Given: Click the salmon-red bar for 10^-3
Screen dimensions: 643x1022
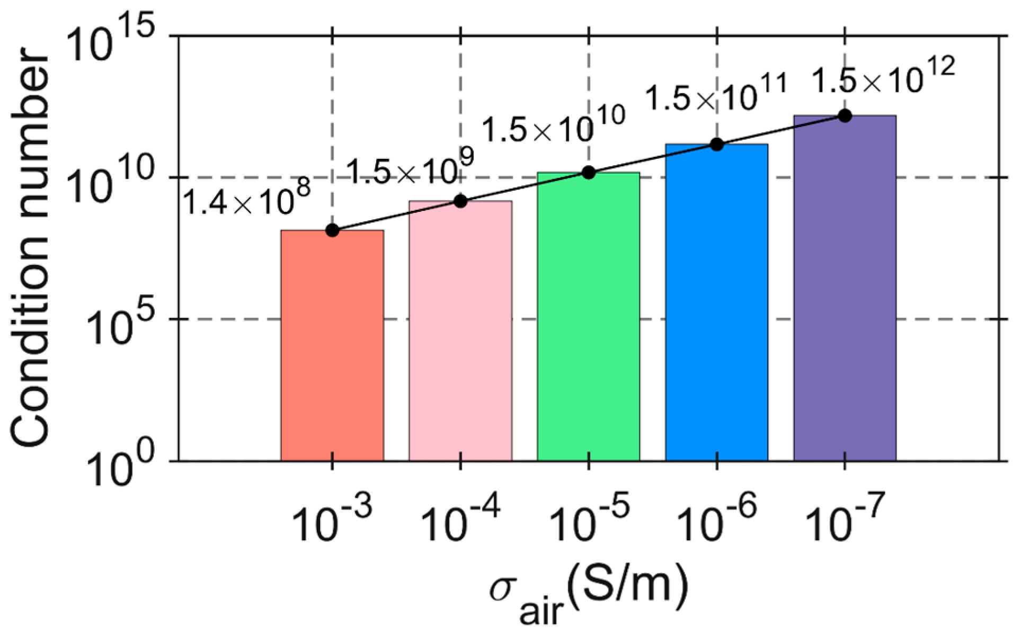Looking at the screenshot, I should [332, 345].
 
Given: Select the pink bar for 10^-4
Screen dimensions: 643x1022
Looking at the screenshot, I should [460, 331].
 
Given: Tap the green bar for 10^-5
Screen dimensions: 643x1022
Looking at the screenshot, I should [589, 317].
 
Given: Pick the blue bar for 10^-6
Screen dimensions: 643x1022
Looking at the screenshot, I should [717, 302].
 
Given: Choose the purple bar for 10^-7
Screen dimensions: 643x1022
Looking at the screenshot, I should [845, 288].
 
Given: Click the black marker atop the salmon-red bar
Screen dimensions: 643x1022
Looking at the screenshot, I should [332, 230].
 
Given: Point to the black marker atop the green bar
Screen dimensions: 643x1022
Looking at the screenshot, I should [589, 172].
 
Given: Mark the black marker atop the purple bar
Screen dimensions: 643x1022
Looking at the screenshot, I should [845, 115].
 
